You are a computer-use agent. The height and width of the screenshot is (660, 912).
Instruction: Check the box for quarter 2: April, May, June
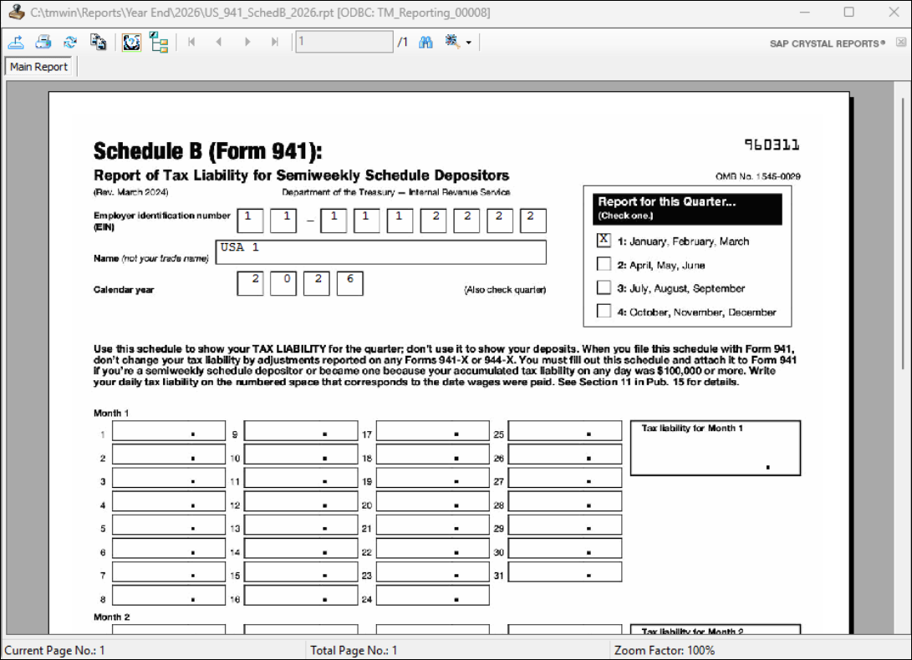604,264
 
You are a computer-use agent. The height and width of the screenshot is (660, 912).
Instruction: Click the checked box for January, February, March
604,241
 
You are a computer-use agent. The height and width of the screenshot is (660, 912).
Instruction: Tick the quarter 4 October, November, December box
604,312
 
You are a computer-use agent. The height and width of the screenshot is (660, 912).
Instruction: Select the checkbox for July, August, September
604,287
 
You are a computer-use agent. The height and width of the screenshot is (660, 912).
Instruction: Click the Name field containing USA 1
380,252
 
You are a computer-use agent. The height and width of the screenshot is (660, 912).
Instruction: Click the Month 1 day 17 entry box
432,431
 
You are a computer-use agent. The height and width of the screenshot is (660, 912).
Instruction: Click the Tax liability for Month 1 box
715,449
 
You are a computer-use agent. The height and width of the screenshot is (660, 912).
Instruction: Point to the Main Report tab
39,67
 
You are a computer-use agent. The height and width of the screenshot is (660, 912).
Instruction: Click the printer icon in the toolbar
43,42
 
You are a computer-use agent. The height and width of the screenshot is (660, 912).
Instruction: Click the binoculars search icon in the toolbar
426,42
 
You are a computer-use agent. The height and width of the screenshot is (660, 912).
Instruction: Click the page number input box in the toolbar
344,42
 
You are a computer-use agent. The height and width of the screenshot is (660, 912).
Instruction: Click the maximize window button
848,13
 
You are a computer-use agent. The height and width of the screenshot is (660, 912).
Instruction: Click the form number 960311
772,145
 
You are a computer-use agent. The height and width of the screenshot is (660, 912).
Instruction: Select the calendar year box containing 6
349,283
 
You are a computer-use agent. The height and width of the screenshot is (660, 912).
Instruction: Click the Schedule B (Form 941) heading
207,151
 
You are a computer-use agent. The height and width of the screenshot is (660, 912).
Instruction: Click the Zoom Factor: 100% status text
664,650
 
